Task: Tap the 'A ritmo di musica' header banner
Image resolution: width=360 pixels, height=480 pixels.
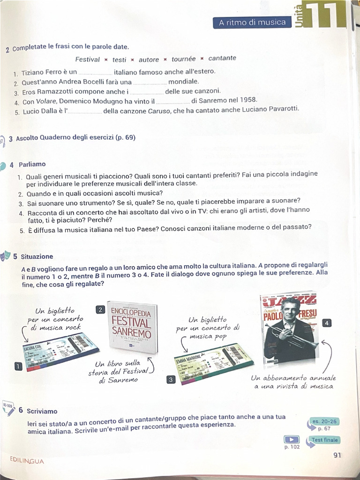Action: [x=252, y=22]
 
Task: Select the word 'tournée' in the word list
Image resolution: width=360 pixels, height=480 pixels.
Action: [x=184, y=59]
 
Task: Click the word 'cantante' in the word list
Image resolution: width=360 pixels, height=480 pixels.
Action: [x=222, y=58]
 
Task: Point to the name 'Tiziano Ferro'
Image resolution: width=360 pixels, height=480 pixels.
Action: [x=41, y=73]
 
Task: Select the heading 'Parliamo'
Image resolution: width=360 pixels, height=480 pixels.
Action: [x=32, y=165]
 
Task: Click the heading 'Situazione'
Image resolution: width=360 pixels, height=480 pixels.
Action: [x=37, y=256]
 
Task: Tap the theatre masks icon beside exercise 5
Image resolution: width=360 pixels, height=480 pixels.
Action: [x=5, y=256]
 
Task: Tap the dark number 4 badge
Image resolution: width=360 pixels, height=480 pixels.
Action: [x=327, y=322]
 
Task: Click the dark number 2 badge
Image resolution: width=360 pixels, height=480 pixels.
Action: [x=100, y=309]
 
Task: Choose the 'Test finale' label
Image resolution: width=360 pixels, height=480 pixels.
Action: [x=324, y=440]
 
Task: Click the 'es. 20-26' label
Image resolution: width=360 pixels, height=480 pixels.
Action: [x=323, y=421]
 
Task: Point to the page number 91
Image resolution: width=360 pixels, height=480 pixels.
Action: [x=337, y=455]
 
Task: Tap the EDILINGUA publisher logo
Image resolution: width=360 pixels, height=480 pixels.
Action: [x=27, y=461]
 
